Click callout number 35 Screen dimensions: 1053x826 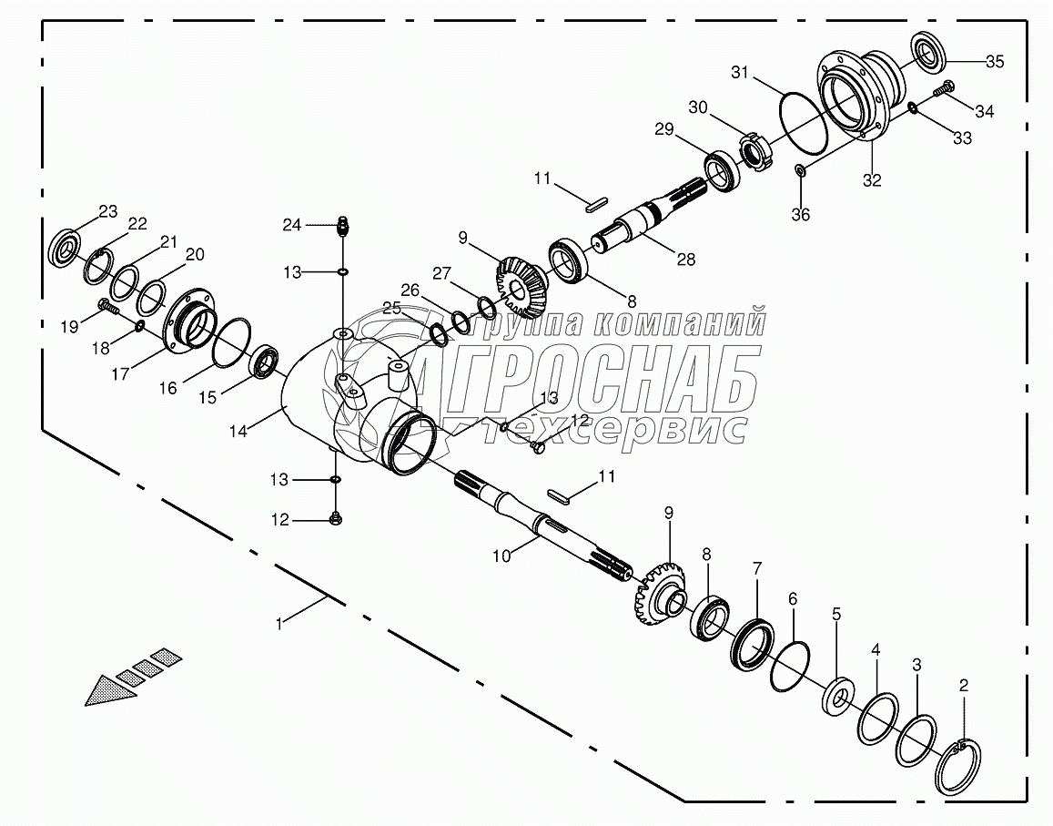(995, 62)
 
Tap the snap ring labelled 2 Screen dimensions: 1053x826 (960, 764)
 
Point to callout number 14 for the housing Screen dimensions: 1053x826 (238, 432)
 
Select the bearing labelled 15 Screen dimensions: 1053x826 (266, 362)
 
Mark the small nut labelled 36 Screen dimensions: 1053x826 (799, 170)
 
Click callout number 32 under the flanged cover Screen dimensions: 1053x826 (871, 180)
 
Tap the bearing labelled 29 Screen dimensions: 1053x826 (723, 170)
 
